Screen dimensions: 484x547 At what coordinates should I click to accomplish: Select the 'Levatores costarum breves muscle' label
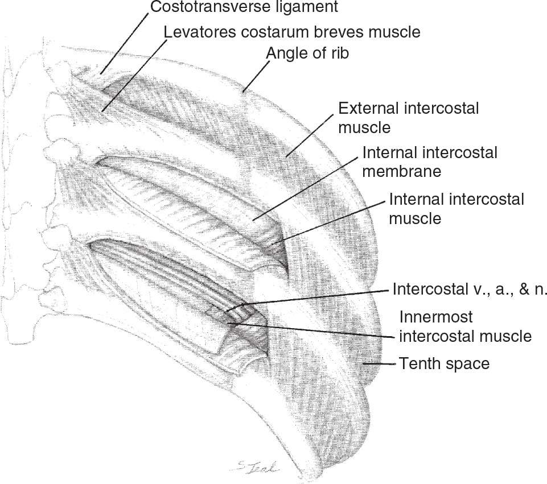pyautogui.click(x=292, y=31)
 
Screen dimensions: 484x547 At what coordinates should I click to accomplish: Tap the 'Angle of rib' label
pyautogui.click(x=308, y=53)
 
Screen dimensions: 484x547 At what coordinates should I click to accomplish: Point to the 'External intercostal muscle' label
pyautogui.click(x=408, y=117)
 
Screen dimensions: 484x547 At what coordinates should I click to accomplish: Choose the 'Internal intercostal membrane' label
pyautogui.click(x=429, y=162)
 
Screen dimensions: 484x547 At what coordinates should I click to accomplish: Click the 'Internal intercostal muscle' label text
pyautogui.click(x=456, y=208)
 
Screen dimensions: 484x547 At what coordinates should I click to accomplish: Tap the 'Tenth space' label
pyautogui.click(x=444, y=363)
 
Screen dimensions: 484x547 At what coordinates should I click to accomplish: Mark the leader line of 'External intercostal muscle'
pyautogui.click(x=311, y=134)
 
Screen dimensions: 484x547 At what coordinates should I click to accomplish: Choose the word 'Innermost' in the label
pyautogui.click(x=436, y=317)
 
